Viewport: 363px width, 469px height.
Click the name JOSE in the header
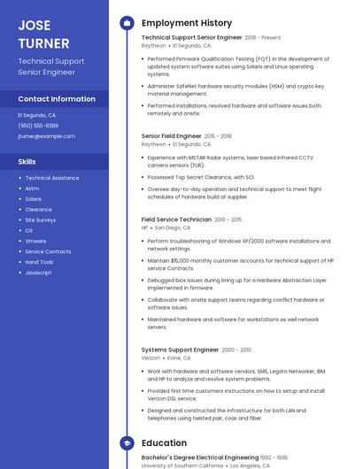34,24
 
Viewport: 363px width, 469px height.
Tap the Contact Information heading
57,99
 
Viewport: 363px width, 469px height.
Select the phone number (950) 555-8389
38,126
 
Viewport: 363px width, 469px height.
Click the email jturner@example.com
46,136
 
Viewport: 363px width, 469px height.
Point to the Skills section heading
27,162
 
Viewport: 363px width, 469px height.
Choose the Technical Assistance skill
51,178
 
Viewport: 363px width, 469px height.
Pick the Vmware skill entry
35,241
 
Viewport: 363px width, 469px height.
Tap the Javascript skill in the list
38,273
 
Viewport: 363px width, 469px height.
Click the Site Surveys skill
40,219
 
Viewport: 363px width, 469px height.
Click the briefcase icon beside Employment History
126,23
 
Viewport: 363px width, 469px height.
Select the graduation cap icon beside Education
126,442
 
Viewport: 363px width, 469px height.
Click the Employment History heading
186,23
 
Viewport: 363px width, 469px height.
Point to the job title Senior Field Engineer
171,136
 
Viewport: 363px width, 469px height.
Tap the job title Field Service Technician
176,219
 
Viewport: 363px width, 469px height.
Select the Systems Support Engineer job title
180,350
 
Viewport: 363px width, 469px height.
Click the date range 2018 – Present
262,38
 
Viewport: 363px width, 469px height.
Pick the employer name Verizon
151,358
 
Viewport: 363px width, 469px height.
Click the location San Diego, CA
173,227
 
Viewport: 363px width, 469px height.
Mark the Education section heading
164,442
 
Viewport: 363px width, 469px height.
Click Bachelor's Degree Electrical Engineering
194,457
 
